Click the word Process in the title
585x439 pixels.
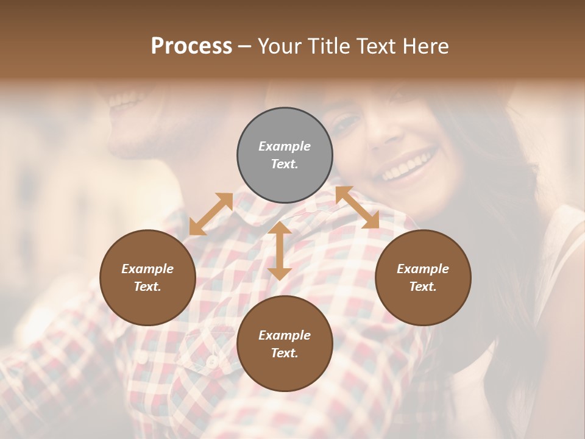(191, 46)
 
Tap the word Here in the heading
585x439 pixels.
(426, 46)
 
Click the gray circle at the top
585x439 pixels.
(285, 155)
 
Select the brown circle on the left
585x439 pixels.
(147, 277)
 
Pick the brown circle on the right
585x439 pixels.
(422, 277)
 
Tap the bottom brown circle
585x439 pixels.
(285, 344)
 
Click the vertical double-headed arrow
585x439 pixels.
(279, 251)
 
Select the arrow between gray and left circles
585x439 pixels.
(211, 214)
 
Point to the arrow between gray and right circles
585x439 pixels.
(357, 207)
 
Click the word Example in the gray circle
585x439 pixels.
(285, 146)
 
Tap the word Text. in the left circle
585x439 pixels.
(147, 287)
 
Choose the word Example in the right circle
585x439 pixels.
(422, 269)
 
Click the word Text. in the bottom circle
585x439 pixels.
(285, 353)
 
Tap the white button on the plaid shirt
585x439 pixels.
(211, 362)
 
